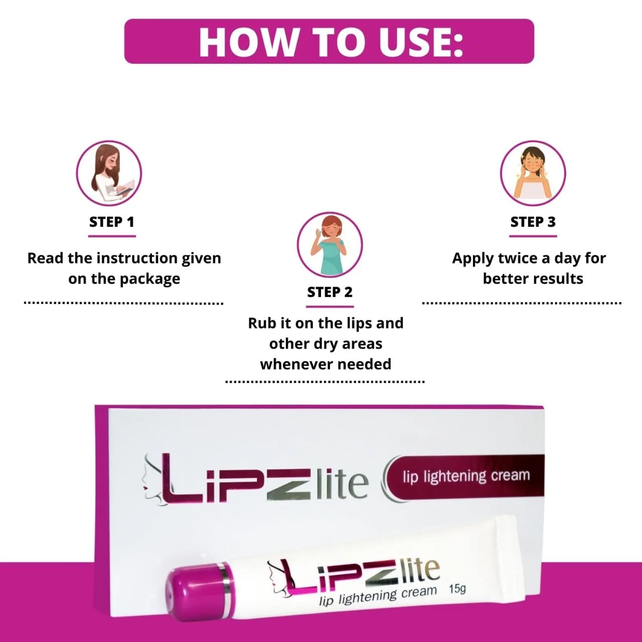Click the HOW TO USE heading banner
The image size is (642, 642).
(329, 41)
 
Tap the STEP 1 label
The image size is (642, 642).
(112, 222)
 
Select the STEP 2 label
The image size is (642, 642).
(330, 292)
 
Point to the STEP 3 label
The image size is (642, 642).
(533, 222)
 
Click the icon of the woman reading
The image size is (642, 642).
(109, 173)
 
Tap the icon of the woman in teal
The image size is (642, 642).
(330, 244)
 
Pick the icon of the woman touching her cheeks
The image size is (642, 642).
(533, 173)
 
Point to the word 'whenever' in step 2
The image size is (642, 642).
(292, 364)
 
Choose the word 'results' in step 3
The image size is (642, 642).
(558, 279)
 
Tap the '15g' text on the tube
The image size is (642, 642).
(457, 588)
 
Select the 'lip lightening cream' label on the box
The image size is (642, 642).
(466, 476)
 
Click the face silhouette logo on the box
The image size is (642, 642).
(152, 479)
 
